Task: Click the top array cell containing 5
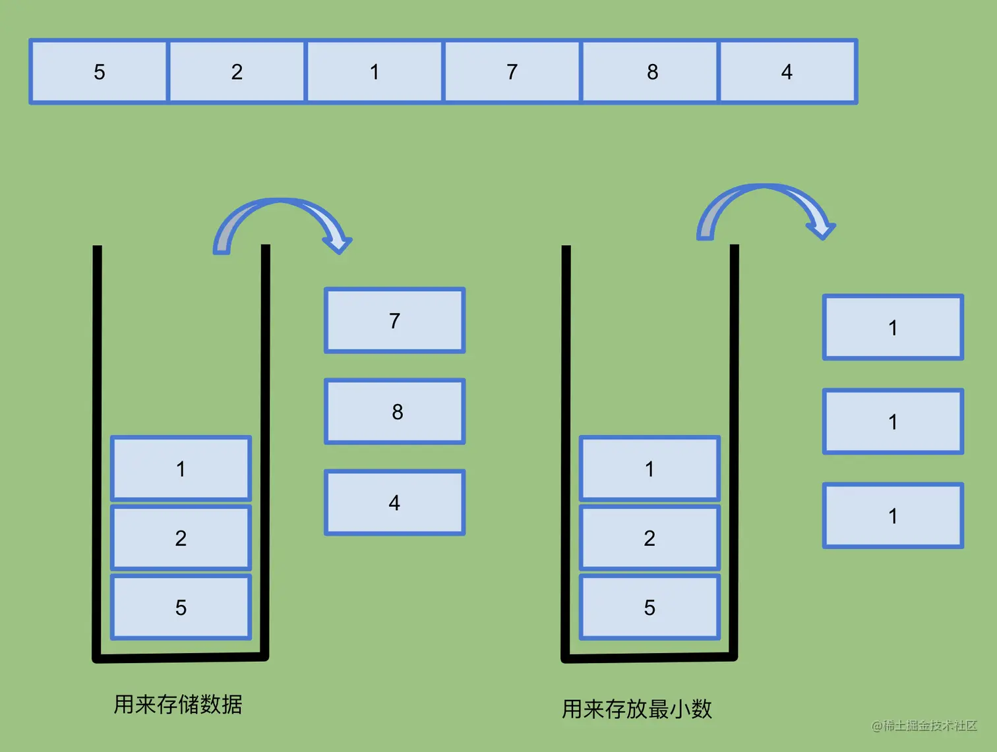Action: (x=99, y=72)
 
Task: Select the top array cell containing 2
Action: (x=237, y=72)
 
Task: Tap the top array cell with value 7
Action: (x=512, y=72)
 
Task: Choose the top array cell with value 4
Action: (x=787, y=72)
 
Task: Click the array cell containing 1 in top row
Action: (x=375, y=72)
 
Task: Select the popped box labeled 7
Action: (x=394, y=320)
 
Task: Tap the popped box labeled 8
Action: (x=394, y=411)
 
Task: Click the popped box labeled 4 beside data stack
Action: (x=394, y=502)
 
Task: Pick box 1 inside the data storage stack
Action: (x=181, y=469)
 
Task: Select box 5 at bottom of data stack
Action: (x=181, y=607)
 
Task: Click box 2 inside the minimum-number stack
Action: (x=650, y=538)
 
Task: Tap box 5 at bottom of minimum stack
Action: (x=650, y=607)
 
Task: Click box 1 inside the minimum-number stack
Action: (x=650, y=469)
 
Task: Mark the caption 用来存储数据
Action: (x=178, y=704)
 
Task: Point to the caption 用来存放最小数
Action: (x=637, y=709)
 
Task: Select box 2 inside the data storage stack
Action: (x=181, y=538)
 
